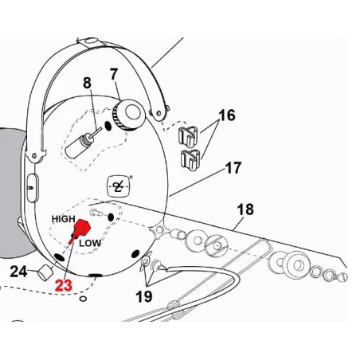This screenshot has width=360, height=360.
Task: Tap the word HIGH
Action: [63, 217]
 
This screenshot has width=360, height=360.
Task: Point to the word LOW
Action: [90, 241]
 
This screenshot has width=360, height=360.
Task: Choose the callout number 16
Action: [227, 116]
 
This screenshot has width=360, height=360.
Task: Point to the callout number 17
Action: [233, 168]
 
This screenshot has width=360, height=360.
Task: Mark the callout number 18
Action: [245, 209]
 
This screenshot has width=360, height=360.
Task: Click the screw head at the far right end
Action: [340, 279]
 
